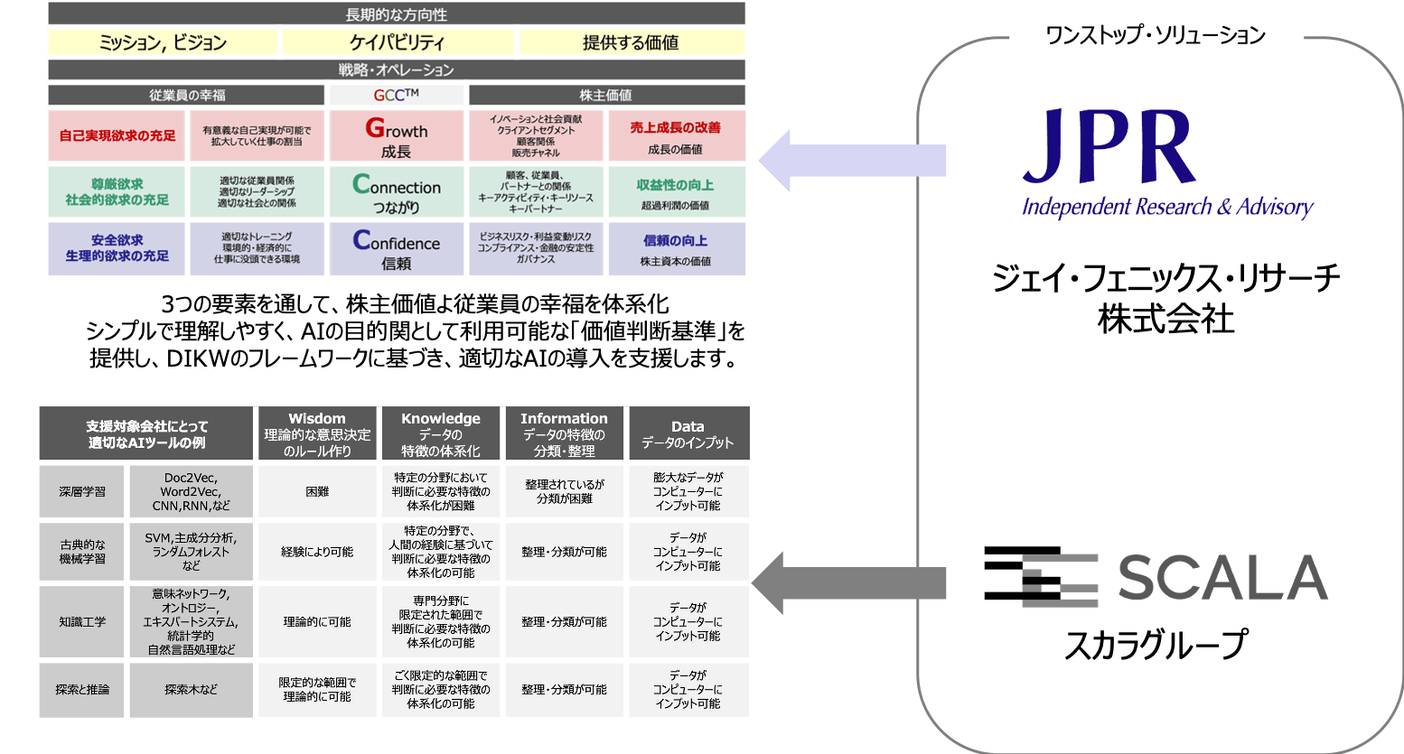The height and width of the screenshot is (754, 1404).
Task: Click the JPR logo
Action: coord(1165,163)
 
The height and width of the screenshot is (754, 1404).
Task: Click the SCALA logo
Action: coord(1156,575)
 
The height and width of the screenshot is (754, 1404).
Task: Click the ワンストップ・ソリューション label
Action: coord(1156,35)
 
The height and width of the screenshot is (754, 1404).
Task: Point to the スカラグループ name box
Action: coord(1156,642)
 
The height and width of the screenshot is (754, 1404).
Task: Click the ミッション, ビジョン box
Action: coord(163,42)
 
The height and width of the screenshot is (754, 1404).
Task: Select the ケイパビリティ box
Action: coord(398,42)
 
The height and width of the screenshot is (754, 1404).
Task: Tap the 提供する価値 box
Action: coord(631,42)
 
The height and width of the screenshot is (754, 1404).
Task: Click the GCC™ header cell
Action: coord(396,95)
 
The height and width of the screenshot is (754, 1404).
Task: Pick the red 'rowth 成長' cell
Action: coord(396,136)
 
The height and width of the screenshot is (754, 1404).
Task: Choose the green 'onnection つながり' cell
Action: coord(396,192)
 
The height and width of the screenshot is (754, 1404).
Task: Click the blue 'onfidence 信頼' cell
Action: coord(396,248)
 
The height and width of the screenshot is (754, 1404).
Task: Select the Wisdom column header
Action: coord(317,434)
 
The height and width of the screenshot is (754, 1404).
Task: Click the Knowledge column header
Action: coord(441,434)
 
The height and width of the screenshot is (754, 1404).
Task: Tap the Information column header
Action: coord(564,434)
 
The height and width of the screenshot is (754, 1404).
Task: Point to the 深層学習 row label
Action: coord(82,491)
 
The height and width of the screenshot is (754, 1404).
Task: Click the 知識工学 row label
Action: coord(82,621)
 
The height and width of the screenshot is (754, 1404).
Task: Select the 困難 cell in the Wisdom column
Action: coord(317,491)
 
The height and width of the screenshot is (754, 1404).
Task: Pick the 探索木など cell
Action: coord(191,690)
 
